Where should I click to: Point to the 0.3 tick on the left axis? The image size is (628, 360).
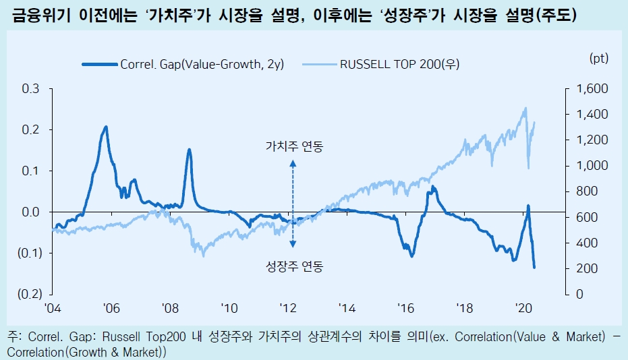coord(31,89)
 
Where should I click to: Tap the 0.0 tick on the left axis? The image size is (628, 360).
coord(31,212)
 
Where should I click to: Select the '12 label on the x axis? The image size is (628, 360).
coord(288,308)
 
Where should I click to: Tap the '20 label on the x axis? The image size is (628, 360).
coord(523,308)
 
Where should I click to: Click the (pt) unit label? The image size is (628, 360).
coord(598,59)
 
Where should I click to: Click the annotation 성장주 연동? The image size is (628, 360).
coord(295,267)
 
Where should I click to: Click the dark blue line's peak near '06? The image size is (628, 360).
coord(106,127)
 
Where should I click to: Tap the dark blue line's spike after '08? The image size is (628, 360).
coord(189,150)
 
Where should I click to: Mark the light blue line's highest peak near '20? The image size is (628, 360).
coord(525,108)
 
